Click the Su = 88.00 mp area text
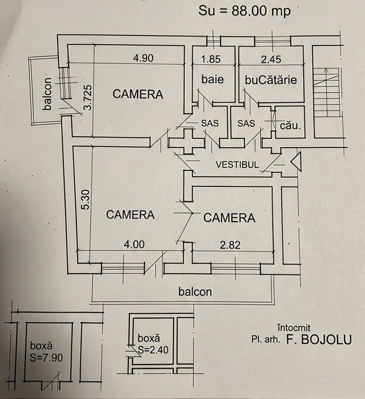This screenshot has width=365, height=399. pos(245,11)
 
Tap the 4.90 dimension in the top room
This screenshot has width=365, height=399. pos(143,58)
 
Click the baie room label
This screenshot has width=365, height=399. pos(212,79)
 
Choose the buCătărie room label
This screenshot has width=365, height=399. pos(271,80)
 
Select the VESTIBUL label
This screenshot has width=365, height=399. pos(237,164)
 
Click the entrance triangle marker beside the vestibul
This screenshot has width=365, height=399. pos(295,162)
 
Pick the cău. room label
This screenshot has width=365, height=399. pos(290,126)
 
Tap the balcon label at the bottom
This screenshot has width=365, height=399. pos(195,291)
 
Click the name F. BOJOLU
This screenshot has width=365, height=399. pos(319,339)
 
